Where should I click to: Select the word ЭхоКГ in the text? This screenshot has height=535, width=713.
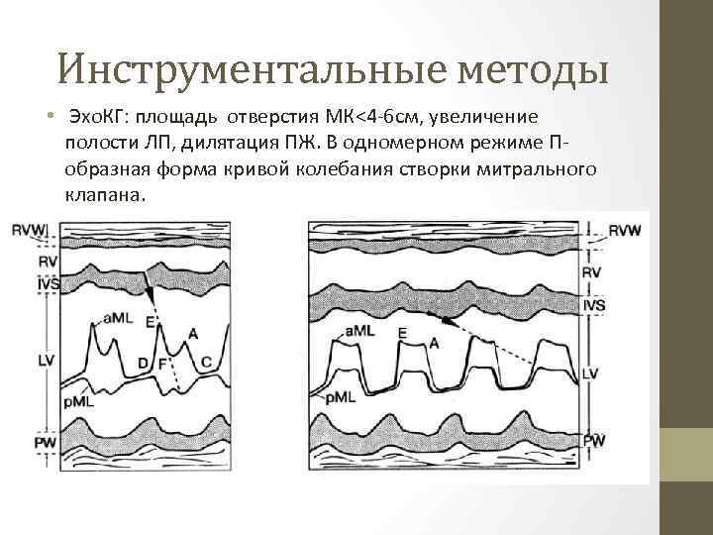click(98, 122)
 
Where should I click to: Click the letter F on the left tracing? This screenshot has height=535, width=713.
click(162, 365)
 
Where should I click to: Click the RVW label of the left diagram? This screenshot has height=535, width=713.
click(29, 231)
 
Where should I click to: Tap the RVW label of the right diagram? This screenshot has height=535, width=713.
click(625, 231)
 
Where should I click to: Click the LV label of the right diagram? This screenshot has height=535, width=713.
click(590, 373)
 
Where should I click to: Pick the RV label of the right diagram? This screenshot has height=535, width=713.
click(591, 270)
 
